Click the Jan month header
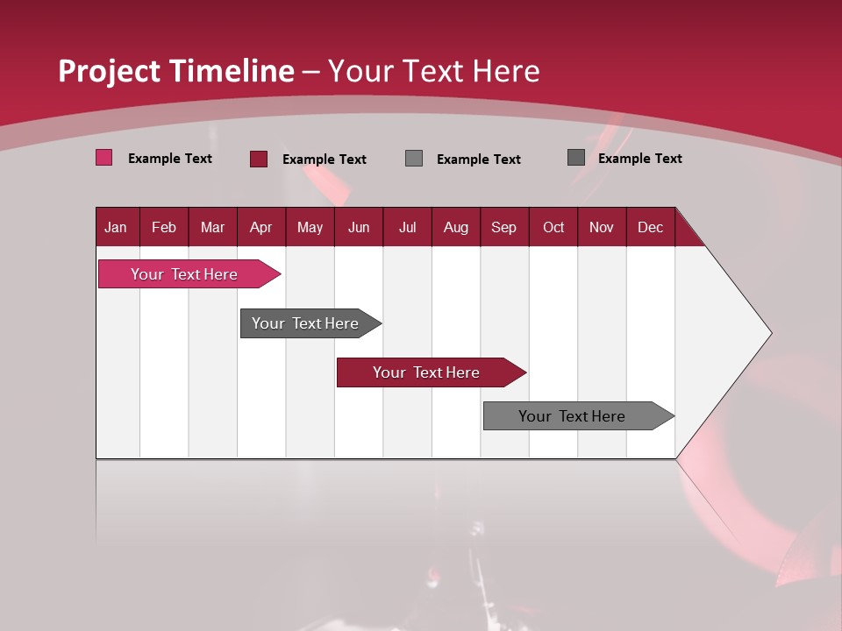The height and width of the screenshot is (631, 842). pyautogui.click(x=117, y=227)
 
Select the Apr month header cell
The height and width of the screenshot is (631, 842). pyautogui.click(x=261, y=227)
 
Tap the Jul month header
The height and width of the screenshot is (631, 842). pyautogui.click(x=407, y=227)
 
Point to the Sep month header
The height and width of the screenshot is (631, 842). pyautogui.click(x=504, y=227)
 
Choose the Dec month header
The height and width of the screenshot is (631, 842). pyautogui.click(x=650, y=227)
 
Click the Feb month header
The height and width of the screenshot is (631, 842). pyautogui.click(x=164, y=227)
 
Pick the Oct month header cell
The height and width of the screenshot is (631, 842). pyautogui.click(x=553, y=227)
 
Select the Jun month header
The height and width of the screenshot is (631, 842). pyautogui.click(x=359, y=227)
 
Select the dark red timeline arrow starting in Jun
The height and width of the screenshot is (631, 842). pyautogui.click(x=427, y=372)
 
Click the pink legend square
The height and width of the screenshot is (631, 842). pyautogui.click(x=103, y=158)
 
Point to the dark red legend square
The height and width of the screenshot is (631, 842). pyautogui.click(x=259, y=159)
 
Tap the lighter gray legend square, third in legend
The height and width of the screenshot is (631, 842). pyautogui.click(x=414, y=159)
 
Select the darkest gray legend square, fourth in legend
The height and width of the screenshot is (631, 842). pyautogui.click(x=575, y=158)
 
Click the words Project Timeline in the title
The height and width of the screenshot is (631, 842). pyautogui.click(x=175, y=71)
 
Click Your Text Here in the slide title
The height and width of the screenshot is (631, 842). pyautogui.click(x=434, y=71)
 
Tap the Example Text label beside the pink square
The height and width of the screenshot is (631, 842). pyautogui.click(x=170, y=159)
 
